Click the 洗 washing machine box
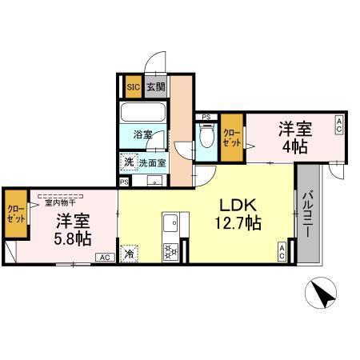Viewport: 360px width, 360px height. click(x=129, y=162)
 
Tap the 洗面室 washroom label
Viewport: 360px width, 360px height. click(x=152, y=162)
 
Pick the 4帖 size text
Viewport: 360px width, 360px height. click(x=294, y=148)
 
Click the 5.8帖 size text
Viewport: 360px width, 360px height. click(x=73, y=238)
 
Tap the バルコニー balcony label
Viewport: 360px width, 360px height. click(x=306, y=215)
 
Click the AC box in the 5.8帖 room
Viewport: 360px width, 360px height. click(x=105, y=258)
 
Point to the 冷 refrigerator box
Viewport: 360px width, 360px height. click(x=130, y=254)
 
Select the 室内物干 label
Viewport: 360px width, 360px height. click(x=55, y=194)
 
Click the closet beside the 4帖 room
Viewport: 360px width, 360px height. click(x=231, y=137)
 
